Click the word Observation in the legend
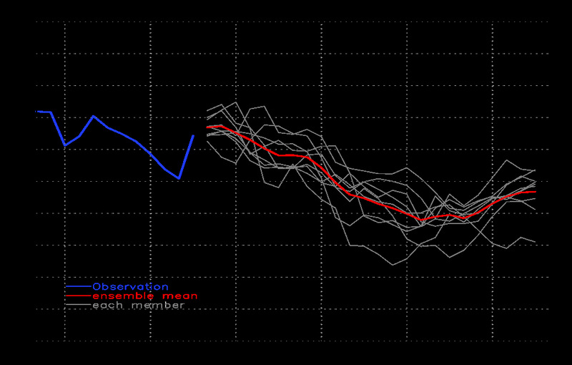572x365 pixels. (130, 287)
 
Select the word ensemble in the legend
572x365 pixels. (118, 296)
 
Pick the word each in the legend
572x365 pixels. (107, 305)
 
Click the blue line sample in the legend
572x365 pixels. (78, 286)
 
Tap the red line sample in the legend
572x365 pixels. (78, 296)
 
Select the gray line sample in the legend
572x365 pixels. (78, 305)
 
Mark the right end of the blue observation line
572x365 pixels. (193, 135)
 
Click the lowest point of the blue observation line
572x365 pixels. (179, 178)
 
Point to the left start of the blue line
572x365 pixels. (36, 111)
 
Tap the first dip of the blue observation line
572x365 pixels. (65, 145)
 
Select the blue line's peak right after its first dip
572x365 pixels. (93, 115)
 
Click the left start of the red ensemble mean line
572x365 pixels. (207, 127)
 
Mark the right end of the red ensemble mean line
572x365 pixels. (536, 192)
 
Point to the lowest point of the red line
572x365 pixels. (422, 219)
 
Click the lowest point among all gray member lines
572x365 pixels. (393, 265)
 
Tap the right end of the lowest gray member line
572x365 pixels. (536, 242)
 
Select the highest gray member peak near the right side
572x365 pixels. (507, 160)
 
